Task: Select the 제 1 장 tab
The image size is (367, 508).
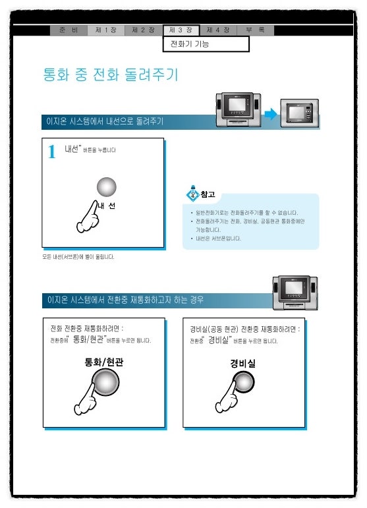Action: pyautogui.click(x=106, y=30)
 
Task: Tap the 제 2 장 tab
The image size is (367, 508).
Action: pyautogui.click(x=143, y=30)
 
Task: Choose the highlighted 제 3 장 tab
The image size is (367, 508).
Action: pyautogui.click(x=181, y=30)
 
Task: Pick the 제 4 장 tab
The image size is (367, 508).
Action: pyautogui.click(x=218, y=30)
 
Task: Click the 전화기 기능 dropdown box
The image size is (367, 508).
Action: pyautogui.click(x=206, y=44)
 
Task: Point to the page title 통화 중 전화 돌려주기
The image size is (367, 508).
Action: pyautogui.click(x=110, y=75)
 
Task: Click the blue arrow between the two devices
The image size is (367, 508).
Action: pyautogui.click(x=269, y=115)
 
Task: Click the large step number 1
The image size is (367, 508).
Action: pyautogui.click(x=52, y=153)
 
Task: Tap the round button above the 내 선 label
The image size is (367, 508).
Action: pyautogui.click(x=106, y=187)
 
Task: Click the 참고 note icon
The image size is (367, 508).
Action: pyautogui.click(x=192, y=194)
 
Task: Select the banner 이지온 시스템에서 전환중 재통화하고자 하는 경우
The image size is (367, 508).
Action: pyautogui.click(x=125, y=300)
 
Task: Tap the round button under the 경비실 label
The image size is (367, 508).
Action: pyautogui.click(x=244, y=383)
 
